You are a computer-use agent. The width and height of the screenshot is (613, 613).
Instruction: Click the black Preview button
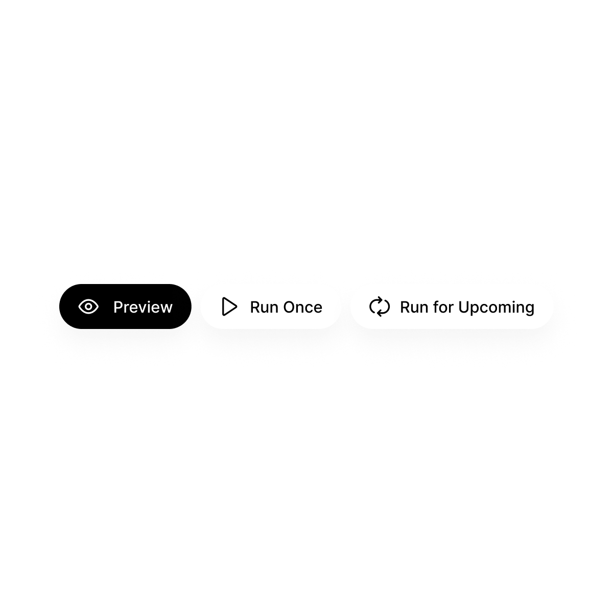click(x=125, y=306)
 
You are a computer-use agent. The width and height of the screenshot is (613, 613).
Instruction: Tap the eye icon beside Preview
click(x=88, y=306)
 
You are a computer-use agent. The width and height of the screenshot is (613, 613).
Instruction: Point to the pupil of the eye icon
click(x=88, y=306)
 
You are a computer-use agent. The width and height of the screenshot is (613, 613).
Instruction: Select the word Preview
click(x=143, y=307)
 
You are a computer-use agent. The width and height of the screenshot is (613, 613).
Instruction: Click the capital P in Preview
click(x=117, y=307)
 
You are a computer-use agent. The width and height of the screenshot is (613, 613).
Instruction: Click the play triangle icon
click(x=229, y=306)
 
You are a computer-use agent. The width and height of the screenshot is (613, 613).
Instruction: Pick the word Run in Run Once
click(x=264, y=307)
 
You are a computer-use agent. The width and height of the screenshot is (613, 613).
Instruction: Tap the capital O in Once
click(x=289, y=307)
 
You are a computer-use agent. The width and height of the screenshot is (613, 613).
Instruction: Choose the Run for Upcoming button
click(x=452, y=306)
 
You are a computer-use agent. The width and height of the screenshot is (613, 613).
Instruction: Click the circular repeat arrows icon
click(x=380, y=306)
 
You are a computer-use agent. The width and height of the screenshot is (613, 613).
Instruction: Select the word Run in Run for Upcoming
click(x=413, y=307)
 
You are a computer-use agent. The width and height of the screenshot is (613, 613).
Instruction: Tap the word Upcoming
click(x=496, y=308)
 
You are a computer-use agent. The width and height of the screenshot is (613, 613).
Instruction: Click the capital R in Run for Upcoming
click(x=405, y=307)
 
